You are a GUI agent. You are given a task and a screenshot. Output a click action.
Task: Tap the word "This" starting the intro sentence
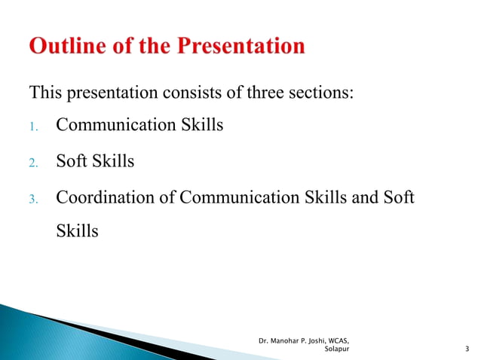point(46,93)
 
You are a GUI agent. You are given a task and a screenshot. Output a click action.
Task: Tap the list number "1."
point(34,127)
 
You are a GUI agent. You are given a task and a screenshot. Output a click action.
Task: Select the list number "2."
point(34,162)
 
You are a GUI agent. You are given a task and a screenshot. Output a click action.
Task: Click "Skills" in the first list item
point(201,125)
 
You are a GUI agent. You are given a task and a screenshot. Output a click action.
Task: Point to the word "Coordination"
point(106,197)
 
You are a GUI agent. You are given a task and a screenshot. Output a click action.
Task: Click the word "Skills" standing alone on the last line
point(78,230)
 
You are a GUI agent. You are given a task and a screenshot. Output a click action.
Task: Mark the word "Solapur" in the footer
point(335,349)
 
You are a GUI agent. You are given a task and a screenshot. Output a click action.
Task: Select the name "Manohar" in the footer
point(284,340)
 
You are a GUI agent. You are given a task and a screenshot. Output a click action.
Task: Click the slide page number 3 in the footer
point(468,349)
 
